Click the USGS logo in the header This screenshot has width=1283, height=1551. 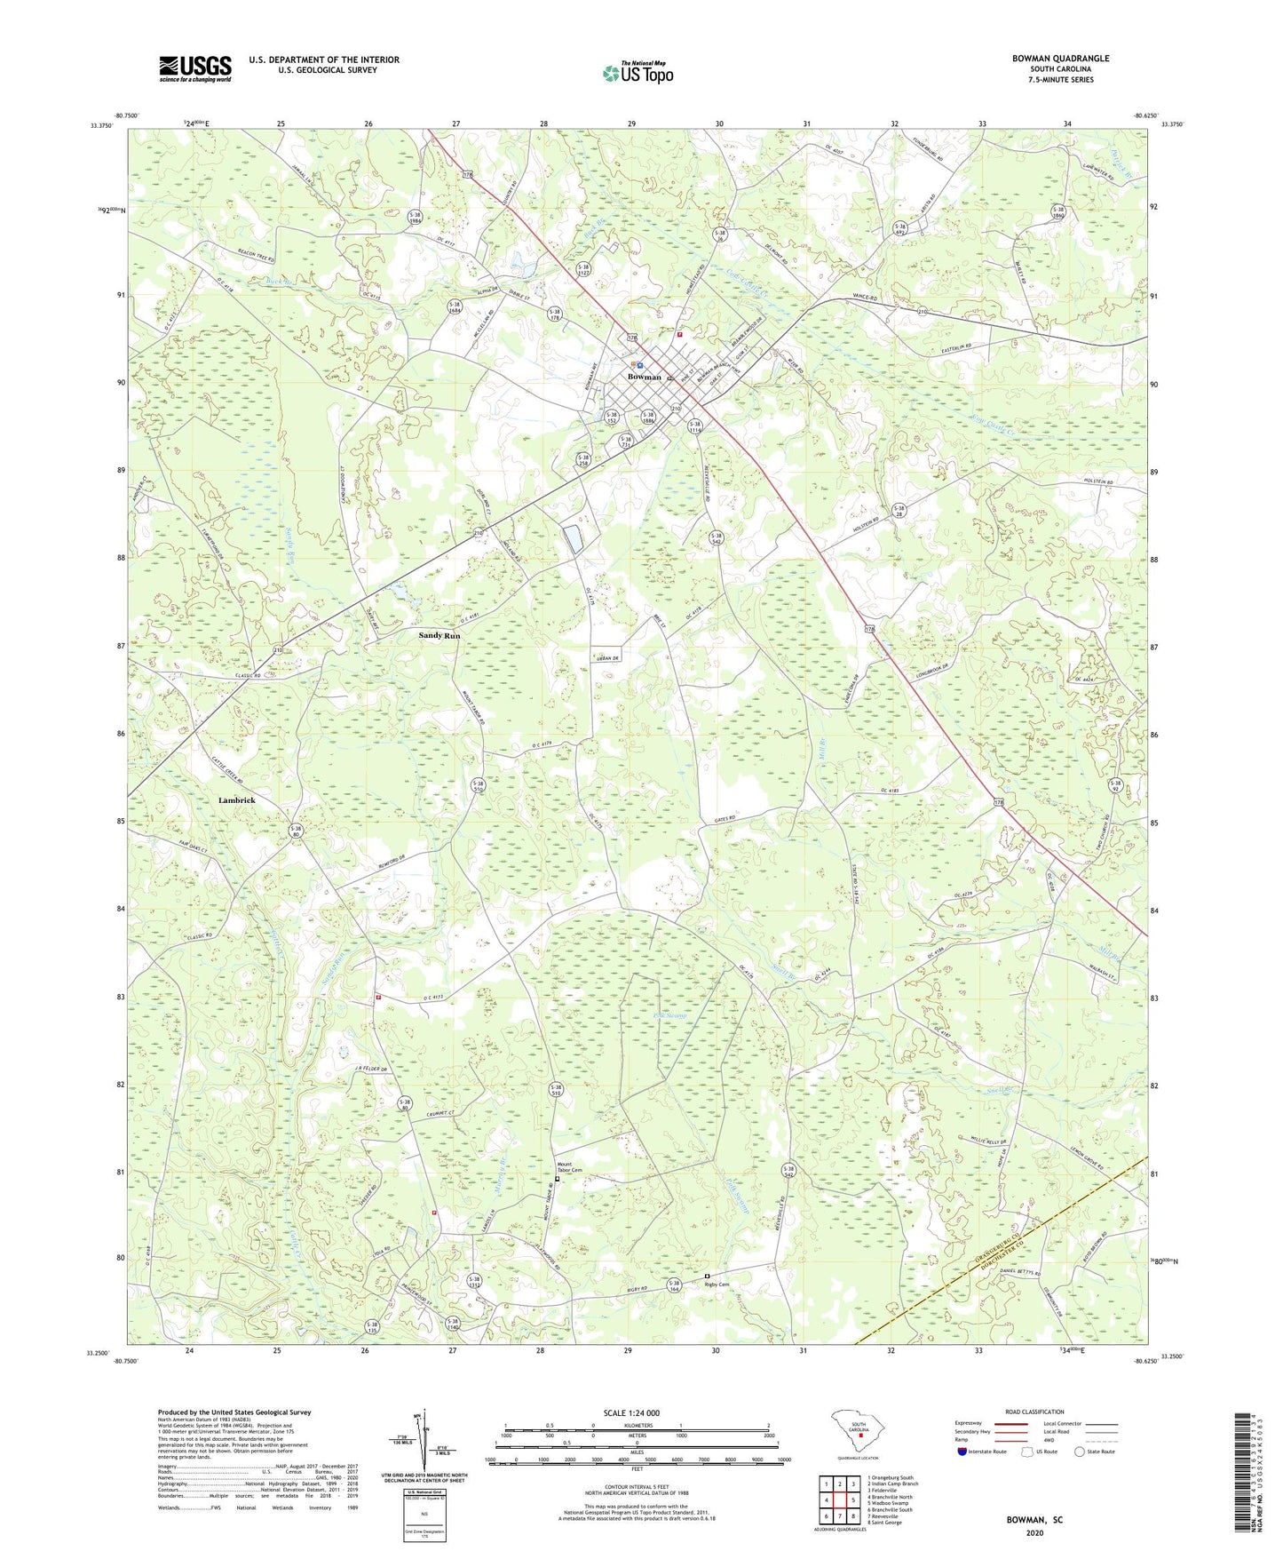pos(194,68)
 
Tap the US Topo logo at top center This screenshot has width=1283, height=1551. pos(637,73)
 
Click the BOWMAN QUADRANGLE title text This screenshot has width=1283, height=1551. pos(1060,59)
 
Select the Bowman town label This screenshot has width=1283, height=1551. pos(644,378)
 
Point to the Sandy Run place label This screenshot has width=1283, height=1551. pos(440,636)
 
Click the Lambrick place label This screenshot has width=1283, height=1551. pos(236,800)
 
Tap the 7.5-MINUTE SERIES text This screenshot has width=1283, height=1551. pos(1060,80)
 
